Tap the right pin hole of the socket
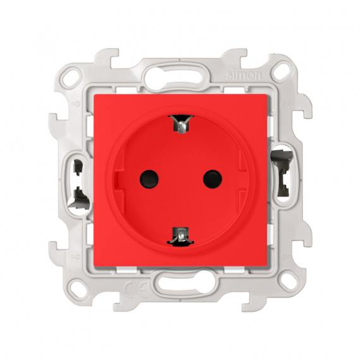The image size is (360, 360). coord(211,179)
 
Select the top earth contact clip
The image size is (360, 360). coord(180,124)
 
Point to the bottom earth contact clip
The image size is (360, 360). coord(180,234)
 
